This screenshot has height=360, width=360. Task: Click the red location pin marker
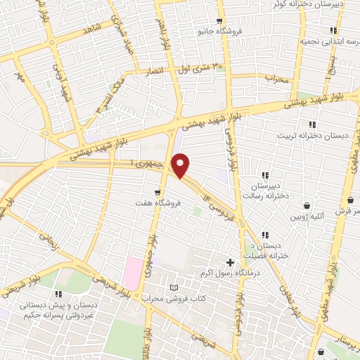click(x=181, y=166)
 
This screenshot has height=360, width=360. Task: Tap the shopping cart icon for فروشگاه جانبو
click(x=220, y=20)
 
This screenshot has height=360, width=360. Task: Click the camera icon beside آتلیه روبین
click(x=307, y=205)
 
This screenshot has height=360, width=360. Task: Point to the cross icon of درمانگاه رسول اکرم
click(x=230, y=262)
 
